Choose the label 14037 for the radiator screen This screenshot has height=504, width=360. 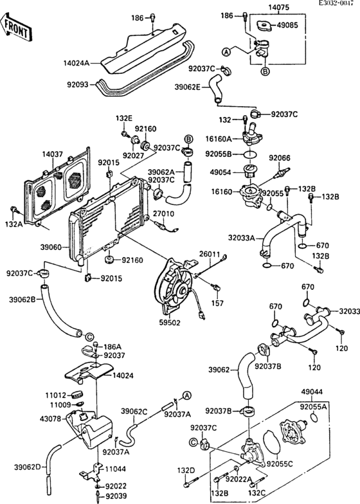37,154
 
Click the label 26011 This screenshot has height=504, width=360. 210,254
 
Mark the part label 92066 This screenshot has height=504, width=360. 280,157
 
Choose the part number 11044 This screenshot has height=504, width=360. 116,470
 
